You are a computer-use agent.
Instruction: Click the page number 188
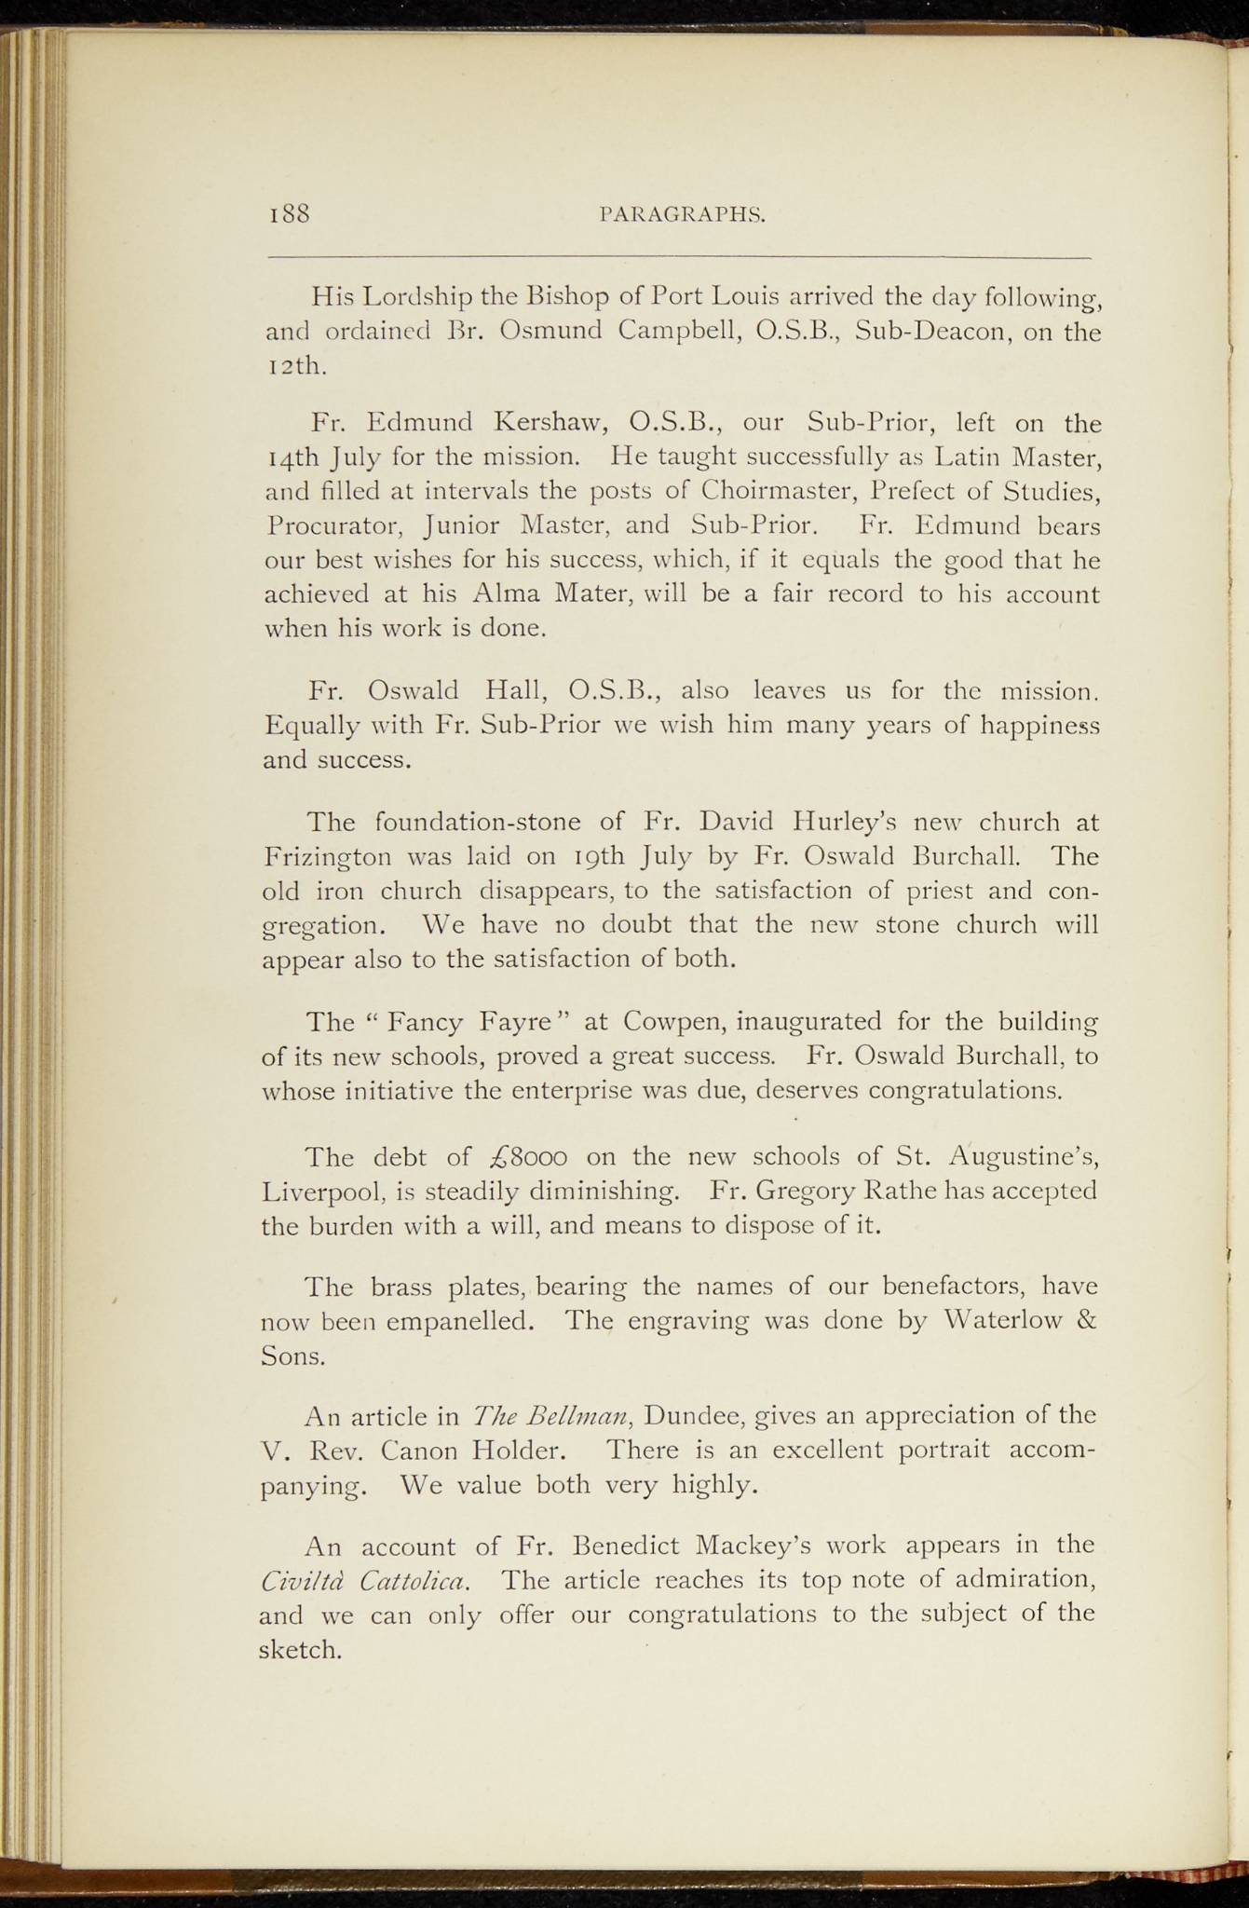click(289, 213)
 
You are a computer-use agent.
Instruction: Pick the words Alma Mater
click(544, 594)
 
